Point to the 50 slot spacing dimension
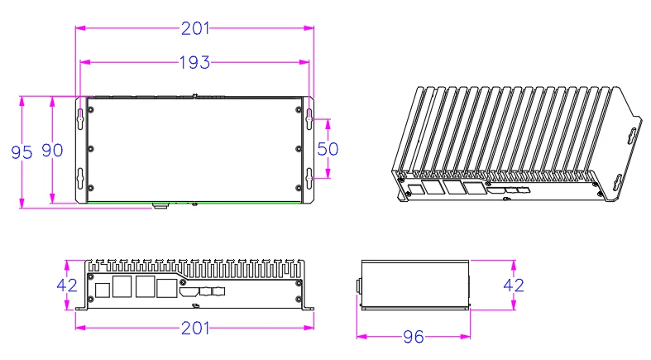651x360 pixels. click(x=329, y=149)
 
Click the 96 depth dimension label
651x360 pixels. click(x=413, y=338)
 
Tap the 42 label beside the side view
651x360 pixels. click(x=514, y=286)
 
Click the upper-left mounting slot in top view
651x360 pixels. click(x=80, y=117)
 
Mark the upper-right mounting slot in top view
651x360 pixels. click(x=309, y=117)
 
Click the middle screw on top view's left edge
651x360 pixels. click(x=91, y=149)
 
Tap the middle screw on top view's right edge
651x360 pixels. click(x=298, y=149)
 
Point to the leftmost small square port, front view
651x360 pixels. click(x=102, y=290)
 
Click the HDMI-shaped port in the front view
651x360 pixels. click(x=189, y=291)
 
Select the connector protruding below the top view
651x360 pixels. click(x=160, y=204)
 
